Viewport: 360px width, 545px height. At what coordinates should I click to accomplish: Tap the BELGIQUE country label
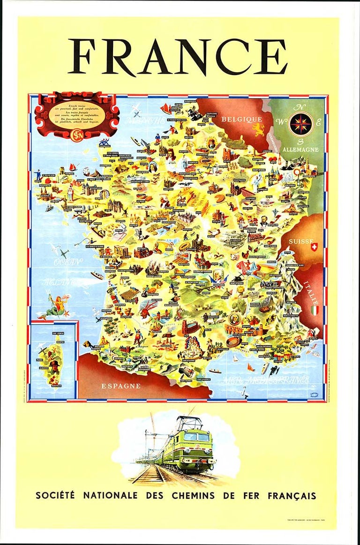241,120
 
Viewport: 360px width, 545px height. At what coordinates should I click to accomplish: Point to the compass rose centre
300,123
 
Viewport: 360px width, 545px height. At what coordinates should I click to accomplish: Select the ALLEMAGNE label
301,150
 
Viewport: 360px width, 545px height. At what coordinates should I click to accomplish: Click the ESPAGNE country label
121,386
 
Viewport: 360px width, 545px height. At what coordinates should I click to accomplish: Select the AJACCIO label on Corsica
47,368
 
